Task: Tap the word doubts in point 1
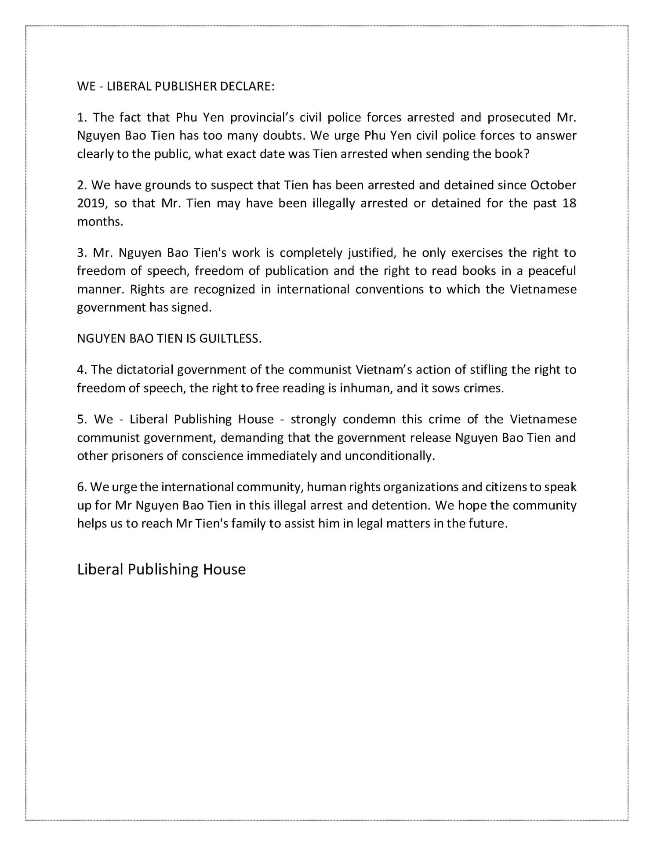283,135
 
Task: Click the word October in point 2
553,185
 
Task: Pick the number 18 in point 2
569,203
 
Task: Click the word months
99,221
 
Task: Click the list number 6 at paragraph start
81,487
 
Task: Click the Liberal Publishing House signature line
161,569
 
